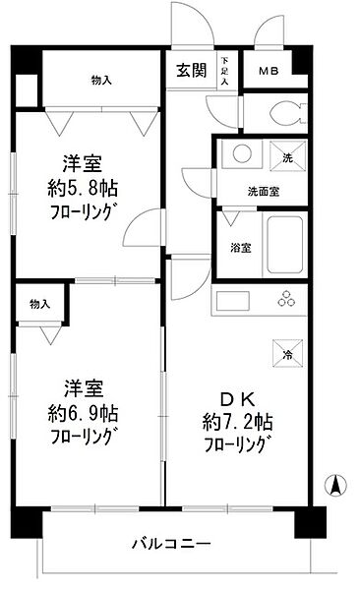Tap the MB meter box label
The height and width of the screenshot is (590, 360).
point(268,72)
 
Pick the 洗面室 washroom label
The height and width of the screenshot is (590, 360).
point(263,192)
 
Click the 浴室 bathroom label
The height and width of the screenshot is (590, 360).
point(240,247)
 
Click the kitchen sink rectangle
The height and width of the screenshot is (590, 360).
point(236,299)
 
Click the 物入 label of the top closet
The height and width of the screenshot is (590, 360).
point(100,80)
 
